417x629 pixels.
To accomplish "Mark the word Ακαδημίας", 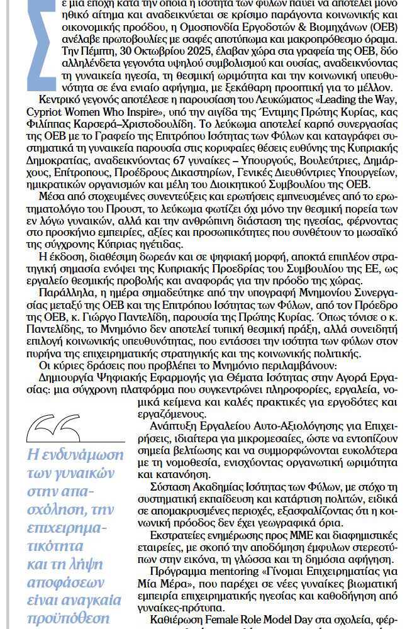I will click(x=220, y=487).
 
